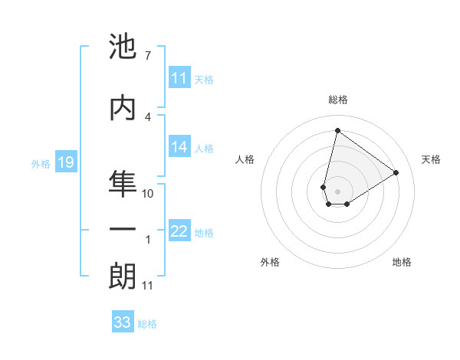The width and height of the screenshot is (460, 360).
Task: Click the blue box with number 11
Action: (x=179, y=78)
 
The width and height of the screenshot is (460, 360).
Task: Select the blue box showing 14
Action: (x=179, y=147)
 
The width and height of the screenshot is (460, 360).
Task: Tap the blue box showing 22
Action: (x=179, y=232)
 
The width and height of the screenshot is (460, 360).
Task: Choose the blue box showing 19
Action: (x=66, y=162)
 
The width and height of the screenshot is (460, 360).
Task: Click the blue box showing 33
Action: (x=123, y=322)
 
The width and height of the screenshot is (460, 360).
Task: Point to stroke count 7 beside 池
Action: (x=147, y=56)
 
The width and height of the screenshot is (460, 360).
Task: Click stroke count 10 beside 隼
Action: (x=148, y=194)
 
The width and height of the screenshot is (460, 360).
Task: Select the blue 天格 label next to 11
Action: (x=204, y=79)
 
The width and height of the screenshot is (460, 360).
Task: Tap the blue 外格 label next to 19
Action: (x=41, y=163)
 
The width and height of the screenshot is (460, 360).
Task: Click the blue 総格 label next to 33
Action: (x=147, y=323)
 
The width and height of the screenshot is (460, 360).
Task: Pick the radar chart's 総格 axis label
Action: (x=338, y=100)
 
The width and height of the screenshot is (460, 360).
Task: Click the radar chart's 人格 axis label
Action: (x=245, y=159)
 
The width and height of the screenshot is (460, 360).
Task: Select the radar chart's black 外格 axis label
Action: (x=270, y=262)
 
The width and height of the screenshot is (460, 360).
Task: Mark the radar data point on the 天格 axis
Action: (x=396, y=173)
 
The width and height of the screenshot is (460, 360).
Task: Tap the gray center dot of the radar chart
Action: (x=337, y=191)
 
